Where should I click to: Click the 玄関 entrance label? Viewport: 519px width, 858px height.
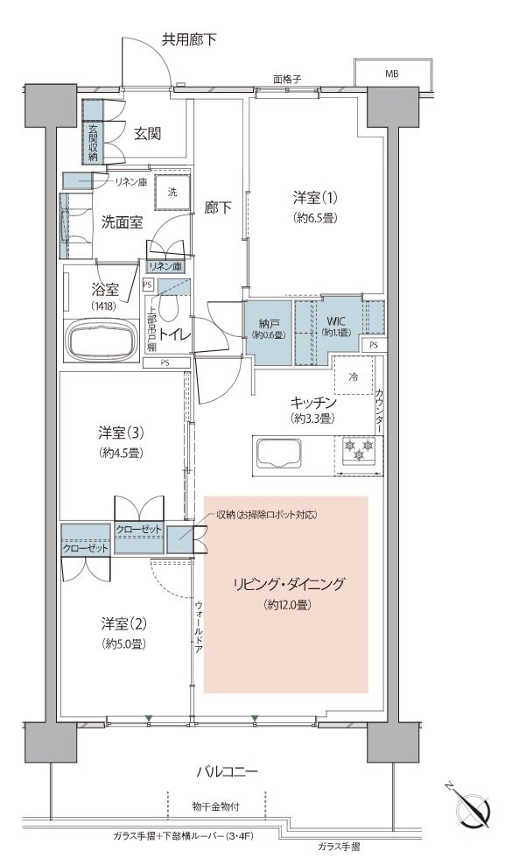148,133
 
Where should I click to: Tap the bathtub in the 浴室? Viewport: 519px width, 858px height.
101,340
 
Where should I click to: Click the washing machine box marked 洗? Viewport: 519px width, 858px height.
172,192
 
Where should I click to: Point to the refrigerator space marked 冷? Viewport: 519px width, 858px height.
354,376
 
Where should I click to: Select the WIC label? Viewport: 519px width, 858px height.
336,320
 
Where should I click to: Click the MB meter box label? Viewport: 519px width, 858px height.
391,73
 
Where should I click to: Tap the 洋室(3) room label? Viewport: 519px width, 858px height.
122,433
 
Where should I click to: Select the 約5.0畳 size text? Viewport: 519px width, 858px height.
123,643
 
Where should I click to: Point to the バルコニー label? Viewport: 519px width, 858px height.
227,772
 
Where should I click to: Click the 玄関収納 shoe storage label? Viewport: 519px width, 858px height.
93,142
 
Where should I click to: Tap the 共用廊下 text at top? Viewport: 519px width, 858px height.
189,39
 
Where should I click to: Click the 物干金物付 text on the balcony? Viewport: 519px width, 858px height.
215,806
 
